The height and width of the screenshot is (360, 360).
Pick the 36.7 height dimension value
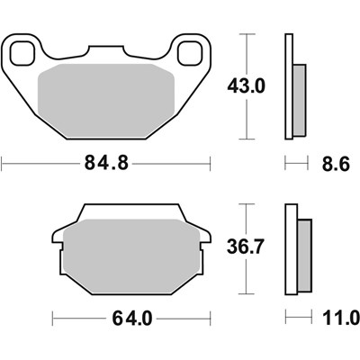click(244, 245)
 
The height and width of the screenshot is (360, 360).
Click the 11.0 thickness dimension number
click(340, 318)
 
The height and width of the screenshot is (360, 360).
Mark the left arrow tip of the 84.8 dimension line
click(4, 165)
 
